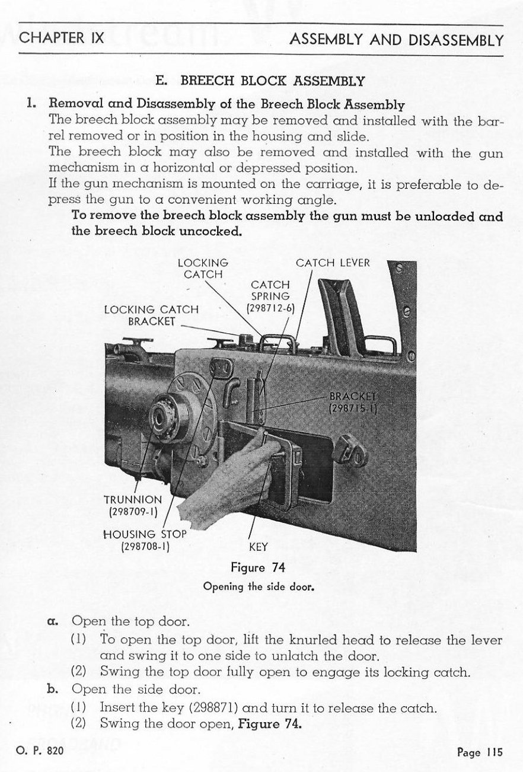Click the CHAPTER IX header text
[62, 39]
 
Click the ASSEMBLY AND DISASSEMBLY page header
[397, 40]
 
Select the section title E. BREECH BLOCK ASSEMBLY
[260, 81]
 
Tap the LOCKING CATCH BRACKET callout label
[151, 315]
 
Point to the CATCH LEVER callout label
[333, 263]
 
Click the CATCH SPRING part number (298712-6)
[270, 308]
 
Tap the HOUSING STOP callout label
[145, 540]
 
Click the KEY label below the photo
[259, 548]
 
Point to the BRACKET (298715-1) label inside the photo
[353, 401]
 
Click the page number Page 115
[480, 752]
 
